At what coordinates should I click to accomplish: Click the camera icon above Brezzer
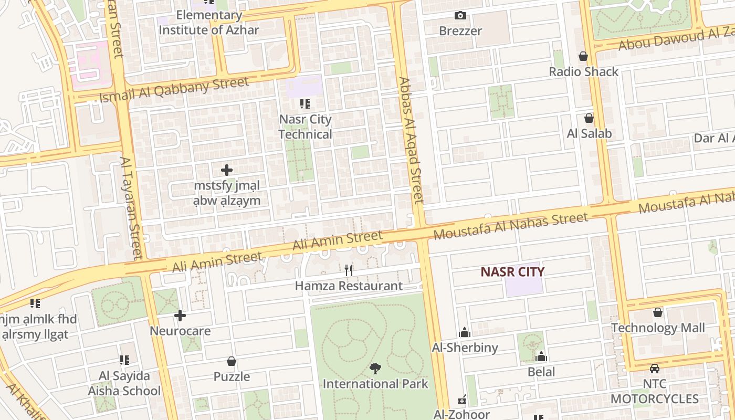pos(460,16)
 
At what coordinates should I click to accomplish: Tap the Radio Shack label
pos(583,71)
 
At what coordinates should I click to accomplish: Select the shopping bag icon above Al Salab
pos(589,118)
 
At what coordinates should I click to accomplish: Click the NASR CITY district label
pos(512,271)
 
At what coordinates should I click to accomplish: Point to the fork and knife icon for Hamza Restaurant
pos(349,270)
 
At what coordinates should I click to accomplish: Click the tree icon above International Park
pos(375,369)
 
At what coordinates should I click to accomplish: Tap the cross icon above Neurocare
pos(180,316)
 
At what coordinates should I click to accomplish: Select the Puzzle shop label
pos(232,376)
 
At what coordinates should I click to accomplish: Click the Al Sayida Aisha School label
pos(124,383)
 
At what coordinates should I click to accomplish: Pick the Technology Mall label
pos(658,328)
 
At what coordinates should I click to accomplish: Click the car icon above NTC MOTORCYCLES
pos(655,369)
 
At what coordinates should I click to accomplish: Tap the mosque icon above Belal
pos(541,358)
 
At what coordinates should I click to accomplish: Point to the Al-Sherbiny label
pos(465,347)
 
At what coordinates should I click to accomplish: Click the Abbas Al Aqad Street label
pos(411,140)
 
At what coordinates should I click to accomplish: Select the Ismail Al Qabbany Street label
pos(174,89)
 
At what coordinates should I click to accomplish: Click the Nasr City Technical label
pos(305,127)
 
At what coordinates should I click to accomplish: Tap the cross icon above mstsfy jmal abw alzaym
pos(227,170)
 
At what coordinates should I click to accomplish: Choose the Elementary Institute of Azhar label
pos(209,23)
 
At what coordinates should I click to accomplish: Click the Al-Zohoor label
pos(461,414)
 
